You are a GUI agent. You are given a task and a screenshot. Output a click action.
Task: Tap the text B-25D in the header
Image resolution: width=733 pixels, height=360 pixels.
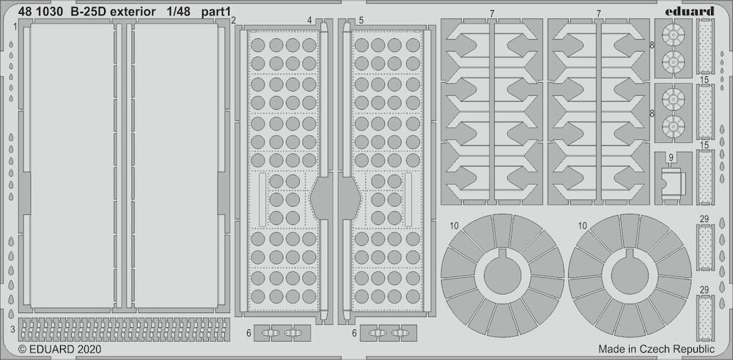point(89,12)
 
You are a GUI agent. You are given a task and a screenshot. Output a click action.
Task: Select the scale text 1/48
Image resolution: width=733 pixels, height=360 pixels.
point(177,12)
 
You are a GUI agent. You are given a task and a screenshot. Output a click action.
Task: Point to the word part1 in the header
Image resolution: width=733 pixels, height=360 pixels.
point(216,12)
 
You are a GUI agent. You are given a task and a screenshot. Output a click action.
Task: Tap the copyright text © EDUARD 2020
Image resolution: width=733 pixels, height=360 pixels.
point(59,349)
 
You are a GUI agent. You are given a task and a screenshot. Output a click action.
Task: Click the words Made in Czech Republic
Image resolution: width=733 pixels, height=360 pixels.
point(656,349)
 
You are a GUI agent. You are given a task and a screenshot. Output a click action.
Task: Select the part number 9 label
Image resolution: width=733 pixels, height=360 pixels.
point(671,158)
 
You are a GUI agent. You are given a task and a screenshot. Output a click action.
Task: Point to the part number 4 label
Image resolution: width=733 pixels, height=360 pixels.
point(310,21)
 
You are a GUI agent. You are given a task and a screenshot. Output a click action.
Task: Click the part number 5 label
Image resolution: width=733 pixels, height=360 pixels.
point(361,21)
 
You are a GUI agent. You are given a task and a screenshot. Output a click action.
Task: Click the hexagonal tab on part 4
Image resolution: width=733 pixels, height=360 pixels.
point(322,198)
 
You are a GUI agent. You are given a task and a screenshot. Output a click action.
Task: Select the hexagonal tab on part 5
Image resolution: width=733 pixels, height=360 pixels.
point(350,198)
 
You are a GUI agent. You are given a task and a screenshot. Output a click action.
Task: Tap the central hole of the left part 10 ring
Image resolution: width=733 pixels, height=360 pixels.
point(503,275)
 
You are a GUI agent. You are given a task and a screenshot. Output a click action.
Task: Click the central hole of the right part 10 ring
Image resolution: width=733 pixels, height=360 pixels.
point(630,275)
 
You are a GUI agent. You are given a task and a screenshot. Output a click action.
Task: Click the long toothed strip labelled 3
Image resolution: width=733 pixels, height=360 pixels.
point(125,329)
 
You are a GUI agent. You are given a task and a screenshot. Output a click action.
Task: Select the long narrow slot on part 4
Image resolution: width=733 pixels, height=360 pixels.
point(262,199)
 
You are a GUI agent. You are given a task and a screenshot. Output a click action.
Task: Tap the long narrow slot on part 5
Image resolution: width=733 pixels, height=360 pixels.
point(408,199)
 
